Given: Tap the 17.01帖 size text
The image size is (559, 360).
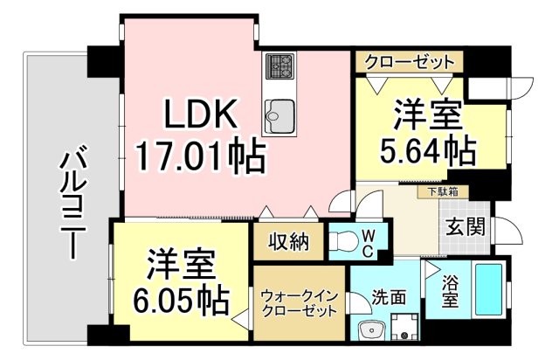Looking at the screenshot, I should click(200, 157).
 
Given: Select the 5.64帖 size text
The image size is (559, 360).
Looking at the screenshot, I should click(427, 151).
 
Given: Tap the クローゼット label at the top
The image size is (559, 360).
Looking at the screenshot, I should click(408, 62).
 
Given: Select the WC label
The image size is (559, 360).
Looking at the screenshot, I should click(369, 243).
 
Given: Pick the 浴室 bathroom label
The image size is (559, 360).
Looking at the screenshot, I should click(449, 292).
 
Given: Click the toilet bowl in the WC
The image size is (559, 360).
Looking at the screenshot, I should click(346, 242).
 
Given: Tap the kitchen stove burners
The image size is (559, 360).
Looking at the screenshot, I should click(281, 66).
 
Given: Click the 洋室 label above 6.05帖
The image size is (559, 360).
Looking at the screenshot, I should click(182, 263).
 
